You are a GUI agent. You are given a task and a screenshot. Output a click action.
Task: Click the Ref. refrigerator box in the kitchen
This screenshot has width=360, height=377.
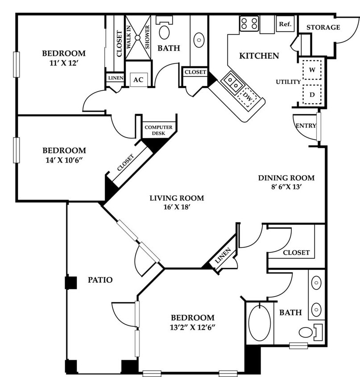(x=285, y=24)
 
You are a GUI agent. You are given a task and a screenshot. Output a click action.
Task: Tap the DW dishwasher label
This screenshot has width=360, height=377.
(x=248, y=96)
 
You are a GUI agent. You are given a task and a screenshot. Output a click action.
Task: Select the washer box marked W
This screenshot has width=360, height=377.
(x=312, y=70)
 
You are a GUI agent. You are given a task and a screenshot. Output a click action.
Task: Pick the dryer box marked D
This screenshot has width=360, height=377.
(x=312, y=95)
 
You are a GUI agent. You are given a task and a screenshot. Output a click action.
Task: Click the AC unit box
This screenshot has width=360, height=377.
(x=138, y=80)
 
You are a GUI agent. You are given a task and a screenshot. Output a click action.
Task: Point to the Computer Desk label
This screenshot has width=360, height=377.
(x=158, y=130)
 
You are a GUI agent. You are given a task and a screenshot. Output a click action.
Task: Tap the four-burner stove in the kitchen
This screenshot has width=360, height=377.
(x=249, y=24)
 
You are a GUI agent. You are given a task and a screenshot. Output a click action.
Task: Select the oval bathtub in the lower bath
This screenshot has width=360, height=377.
(x=260, y=323)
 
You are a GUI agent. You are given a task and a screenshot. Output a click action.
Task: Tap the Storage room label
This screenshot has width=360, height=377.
(x=323, y=27)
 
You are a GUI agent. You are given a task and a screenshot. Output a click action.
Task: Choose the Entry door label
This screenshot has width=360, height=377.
(x=306, y=126)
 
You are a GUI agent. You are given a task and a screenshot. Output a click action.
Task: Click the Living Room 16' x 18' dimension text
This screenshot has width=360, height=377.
(x=177, y=207)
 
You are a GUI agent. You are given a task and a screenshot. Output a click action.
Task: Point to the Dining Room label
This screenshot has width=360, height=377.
(x=286, y=178)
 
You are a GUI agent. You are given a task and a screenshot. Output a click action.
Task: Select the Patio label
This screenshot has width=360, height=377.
(x=100, y=280)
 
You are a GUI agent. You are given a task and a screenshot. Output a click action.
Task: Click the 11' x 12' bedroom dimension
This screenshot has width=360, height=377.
(x=64, y=63)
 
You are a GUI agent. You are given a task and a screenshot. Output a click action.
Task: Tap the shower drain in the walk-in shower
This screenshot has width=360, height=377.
(x=137, y=38)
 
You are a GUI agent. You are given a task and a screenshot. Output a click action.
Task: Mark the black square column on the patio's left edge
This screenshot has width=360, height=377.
(x=71, y=283)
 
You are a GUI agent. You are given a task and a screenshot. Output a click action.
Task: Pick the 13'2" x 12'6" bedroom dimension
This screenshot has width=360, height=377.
(x=192, y=327)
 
